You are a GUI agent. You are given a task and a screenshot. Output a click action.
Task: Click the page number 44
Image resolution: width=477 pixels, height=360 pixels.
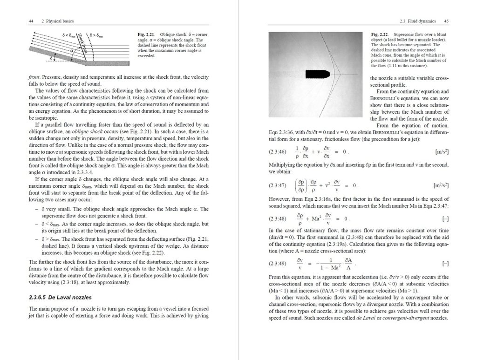click(31, 21)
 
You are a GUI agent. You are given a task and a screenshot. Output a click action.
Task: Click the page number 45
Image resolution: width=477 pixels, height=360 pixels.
click(446, 21)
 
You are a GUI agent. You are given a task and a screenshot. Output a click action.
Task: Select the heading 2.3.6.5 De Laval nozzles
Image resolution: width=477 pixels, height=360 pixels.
click(60, 297)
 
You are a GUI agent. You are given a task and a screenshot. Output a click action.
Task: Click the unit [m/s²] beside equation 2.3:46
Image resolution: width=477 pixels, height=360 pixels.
click(442, 152)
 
